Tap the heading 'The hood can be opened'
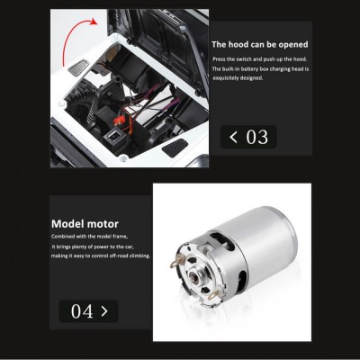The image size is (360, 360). click(258, 44)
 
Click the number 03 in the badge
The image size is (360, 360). click(256, 138)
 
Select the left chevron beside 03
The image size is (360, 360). click(234, 138)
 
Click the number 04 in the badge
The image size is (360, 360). click(82, 311)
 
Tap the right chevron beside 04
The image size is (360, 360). click(104, 311)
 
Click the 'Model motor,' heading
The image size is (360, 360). click(85, 224)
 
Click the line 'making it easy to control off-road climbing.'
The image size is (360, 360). click(101, 256)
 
